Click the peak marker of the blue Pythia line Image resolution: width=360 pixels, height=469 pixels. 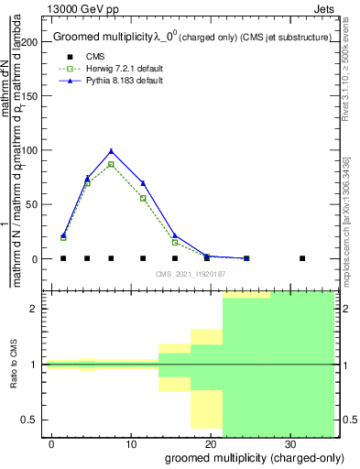(111, 151)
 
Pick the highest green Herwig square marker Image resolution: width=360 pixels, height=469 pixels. (111, 164)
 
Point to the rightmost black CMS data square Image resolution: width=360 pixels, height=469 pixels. (302, 258)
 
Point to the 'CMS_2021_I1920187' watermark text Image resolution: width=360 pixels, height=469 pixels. (190, 274)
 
